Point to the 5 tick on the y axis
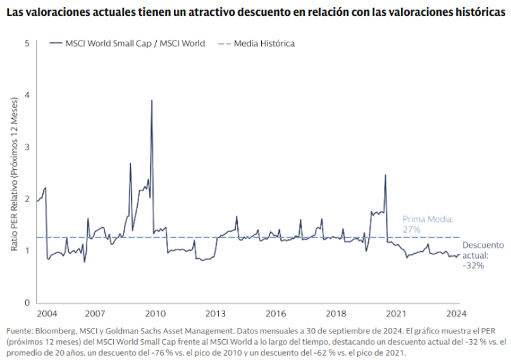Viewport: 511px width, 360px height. tap(27, 44)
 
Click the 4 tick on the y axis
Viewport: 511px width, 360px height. tap(27, 96)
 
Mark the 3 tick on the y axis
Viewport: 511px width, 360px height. tap(27, 147)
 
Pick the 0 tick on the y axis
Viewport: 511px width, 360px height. tap(27, 303)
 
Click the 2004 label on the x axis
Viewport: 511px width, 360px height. tap(46, 313)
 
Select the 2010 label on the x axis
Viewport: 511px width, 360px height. tap(155, 313)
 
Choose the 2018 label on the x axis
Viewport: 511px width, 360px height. tap(336, 313)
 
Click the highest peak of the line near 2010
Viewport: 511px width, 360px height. tap(151, 100)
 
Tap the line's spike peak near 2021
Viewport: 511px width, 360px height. tap(385, 175)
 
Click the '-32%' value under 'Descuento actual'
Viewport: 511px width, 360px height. tap(473, 266)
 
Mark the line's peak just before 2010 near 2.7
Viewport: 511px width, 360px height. tap(130, 163)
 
